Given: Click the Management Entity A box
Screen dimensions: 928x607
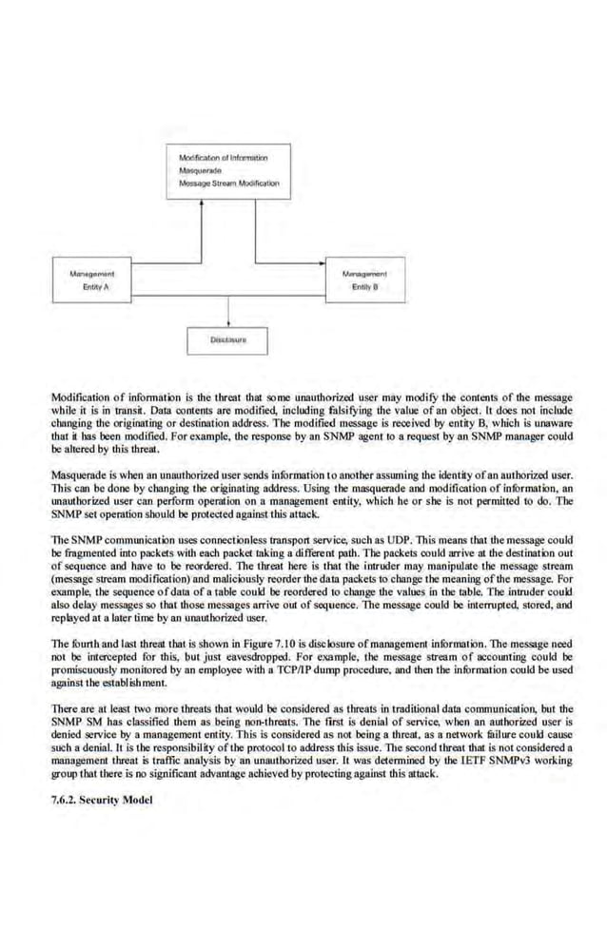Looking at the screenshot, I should pos(92,280).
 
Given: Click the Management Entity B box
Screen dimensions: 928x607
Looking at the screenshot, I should pos(364,280).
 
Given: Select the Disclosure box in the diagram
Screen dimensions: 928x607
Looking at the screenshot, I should pos(228,338).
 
